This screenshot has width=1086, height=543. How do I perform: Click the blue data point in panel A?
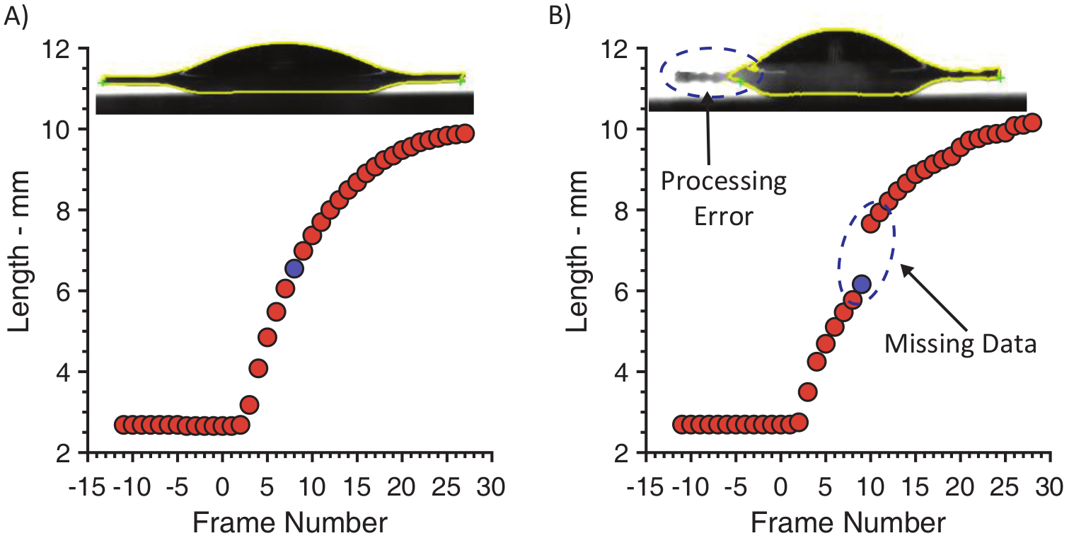coord(294,268)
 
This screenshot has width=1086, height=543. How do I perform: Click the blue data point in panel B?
coord(861,284)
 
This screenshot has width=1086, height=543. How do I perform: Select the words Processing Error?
coord(724,199)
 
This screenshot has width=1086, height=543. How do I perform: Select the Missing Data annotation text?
coord(960,344)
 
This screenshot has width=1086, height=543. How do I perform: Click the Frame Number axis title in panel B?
coord(848,523)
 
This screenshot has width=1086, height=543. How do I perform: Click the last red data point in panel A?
coord(465,133)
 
